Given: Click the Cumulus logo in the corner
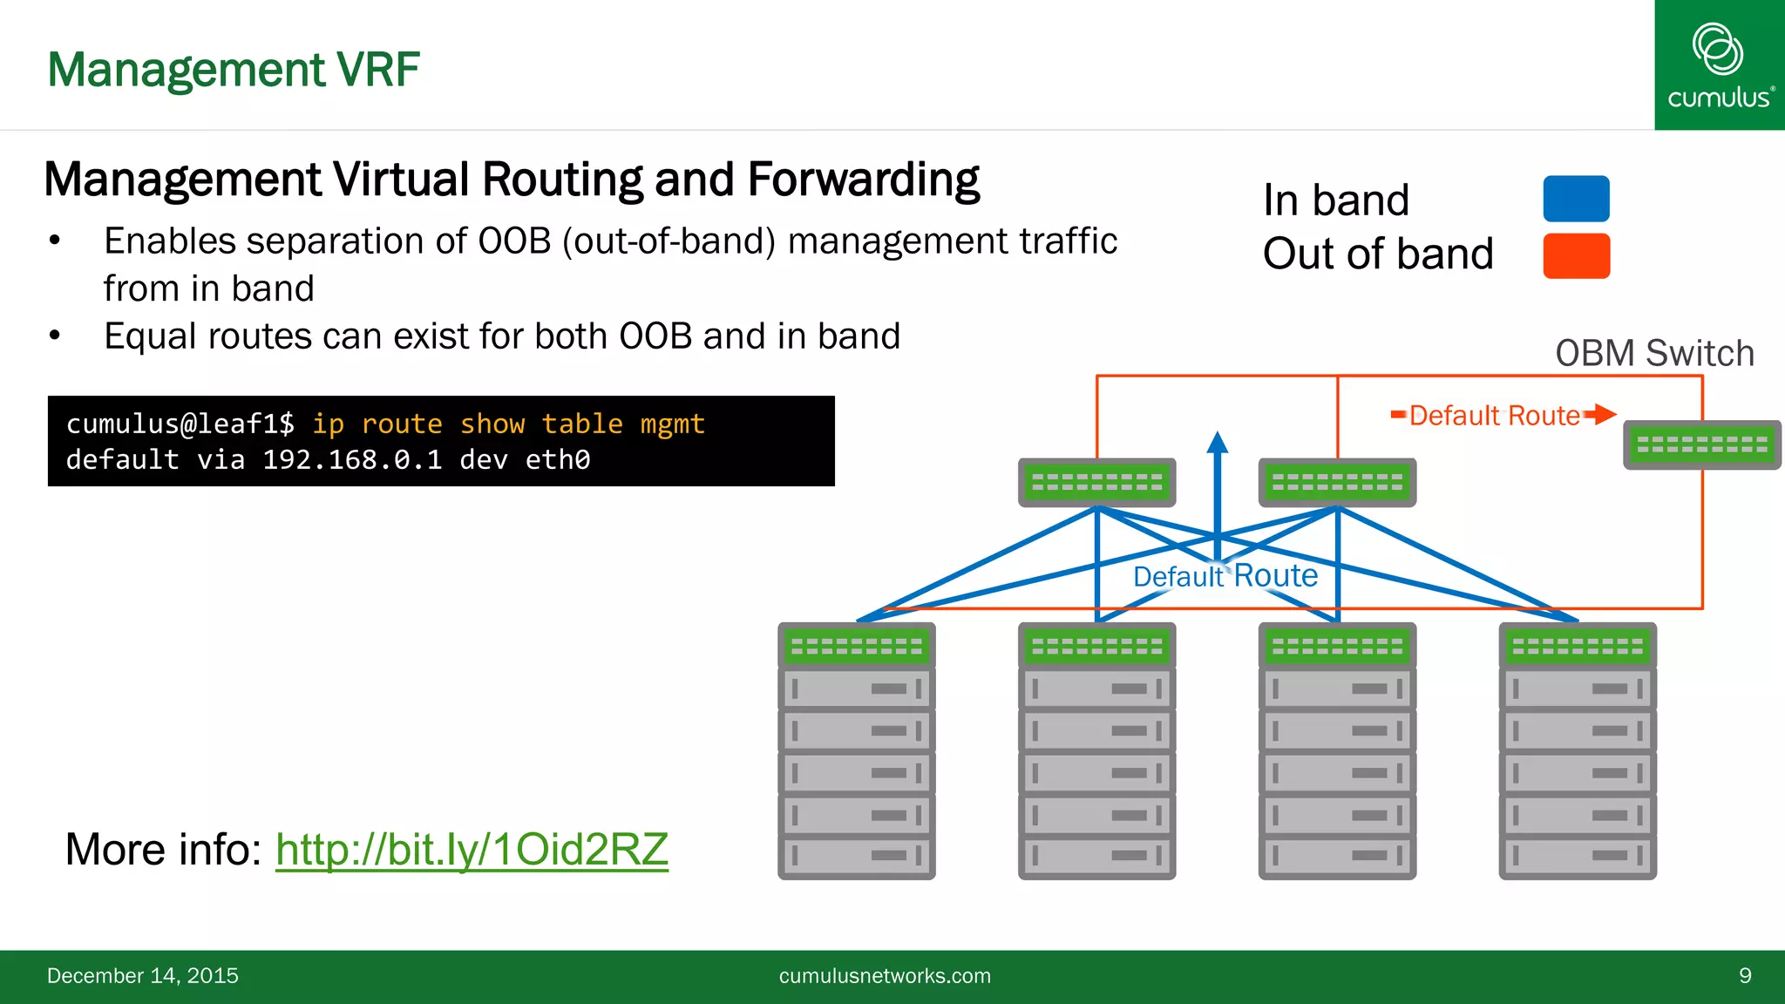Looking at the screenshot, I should coord(1719,65).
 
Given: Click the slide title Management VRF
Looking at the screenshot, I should coord(234,70).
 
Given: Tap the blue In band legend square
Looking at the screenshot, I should coord(1576,199).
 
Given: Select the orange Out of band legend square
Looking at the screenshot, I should coord(1576,255).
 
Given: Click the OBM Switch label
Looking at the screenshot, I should coord(1654,353).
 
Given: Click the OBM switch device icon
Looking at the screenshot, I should coord(1701,445).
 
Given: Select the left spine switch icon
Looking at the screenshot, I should coord(1096,482).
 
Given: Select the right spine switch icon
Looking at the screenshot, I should coord(1337,482).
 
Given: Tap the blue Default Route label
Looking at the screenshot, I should coord(1225,576).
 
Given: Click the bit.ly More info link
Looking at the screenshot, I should coord(472,849).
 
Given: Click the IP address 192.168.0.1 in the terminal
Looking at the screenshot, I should coord(352,459).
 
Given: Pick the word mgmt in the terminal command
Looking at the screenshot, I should coord(672,424).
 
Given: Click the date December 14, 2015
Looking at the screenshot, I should coord(143,975).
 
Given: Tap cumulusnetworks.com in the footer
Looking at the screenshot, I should coord(885,975).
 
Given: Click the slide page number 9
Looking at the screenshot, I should coord(1745,975).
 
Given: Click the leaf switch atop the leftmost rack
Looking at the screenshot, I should coord(856,646).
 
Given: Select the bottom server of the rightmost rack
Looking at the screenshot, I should coord(1577,856).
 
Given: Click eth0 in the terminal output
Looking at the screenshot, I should coord(558,459).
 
